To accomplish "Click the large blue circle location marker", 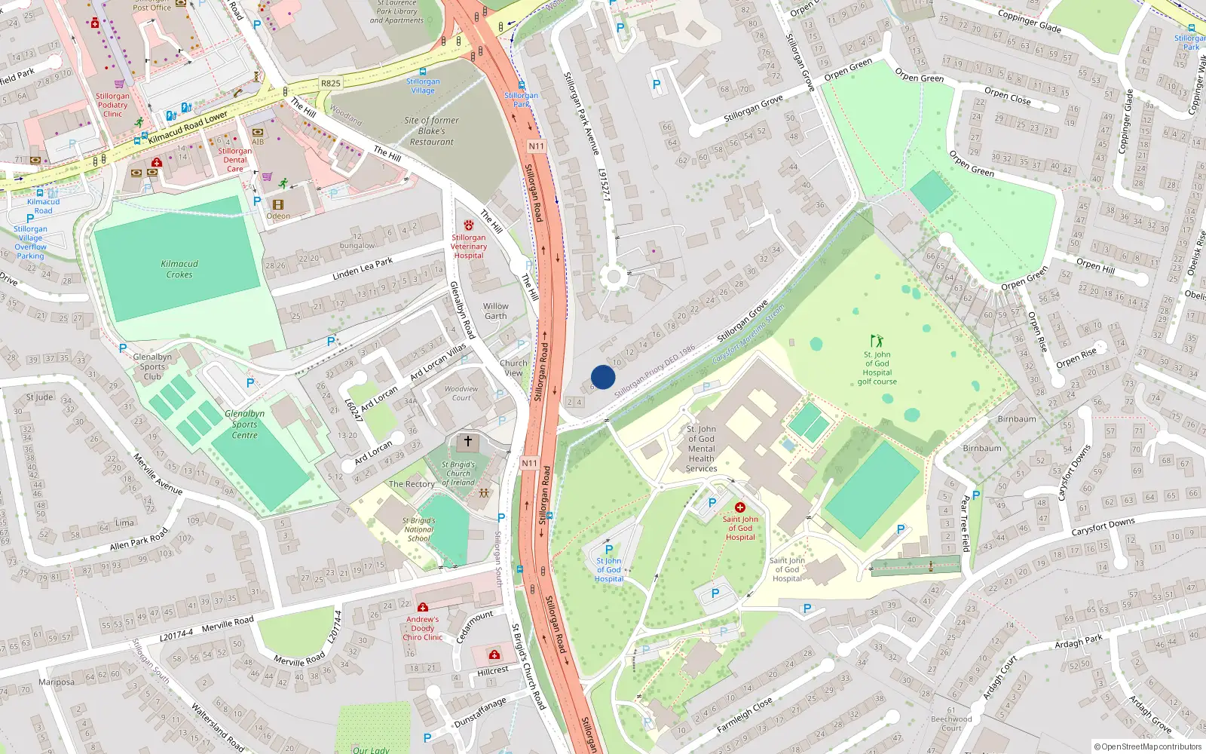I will pos(603,377).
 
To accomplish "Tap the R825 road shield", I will pos(330,83).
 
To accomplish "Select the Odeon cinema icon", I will pos(278,204).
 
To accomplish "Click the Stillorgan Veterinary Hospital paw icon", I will pos(469,225).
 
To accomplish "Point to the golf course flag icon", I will pos(877,341).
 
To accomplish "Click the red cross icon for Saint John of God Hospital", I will pos(740,507).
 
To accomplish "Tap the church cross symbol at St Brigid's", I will pos(467,441).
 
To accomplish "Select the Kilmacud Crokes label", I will pos(179,269).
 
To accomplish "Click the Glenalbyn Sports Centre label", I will pos(245,425).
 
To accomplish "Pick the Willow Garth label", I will pos(495,311).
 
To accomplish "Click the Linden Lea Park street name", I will pos(363,268).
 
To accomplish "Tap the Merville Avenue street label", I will pos(158,474).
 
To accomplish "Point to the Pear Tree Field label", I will pos(965,523).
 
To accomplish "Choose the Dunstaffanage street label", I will pos(479,713).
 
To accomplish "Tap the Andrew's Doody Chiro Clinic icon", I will pos(423,607).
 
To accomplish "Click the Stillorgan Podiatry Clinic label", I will pos(112,105).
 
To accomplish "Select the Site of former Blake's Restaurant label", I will pos(431,130).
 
